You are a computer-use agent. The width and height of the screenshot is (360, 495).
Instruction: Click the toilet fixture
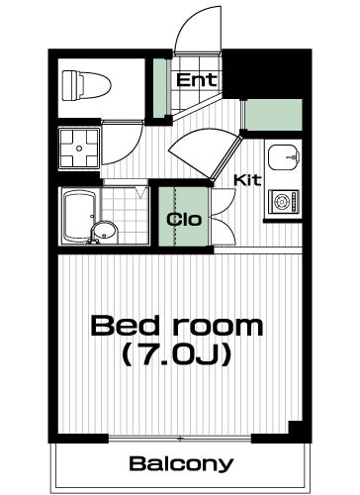pyautogui.click(x=86, y=85)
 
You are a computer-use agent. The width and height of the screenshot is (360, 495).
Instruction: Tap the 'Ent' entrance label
pyautogui.click(x=197, y=80)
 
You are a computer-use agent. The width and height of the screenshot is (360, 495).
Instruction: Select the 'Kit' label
pyautogui.click(x=247, y=180)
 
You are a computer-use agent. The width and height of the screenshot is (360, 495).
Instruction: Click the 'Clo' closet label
pyautogui.click(x=184, y=220)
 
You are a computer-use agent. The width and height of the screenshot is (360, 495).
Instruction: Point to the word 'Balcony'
pyautogui.click(x=181, y=464)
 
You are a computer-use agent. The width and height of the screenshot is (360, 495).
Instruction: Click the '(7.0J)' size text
pyautogui.click(x=176, y=354)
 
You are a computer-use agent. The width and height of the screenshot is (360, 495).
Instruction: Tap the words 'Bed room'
pyautogui.click(x=177, y=326)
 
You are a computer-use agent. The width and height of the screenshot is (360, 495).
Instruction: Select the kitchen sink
pyautogui.click(x=284, y=157)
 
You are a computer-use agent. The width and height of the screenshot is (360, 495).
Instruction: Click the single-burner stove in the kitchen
pyautogui.click(x=284, y=201)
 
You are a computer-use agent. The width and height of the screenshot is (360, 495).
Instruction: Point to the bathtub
pyautogui.click(x=79, y=217)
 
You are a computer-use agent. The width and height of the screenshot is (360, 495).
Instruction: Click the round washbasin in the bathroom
pyautogui.click(x=104, y=232)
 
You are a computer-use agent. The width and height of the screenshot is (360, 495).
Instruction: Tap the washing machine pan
pyautogui.click(x=79, y=148)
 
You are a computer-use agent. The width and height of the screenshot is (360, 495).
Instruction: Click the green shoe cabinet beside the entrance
pyautogui.click(x=160, y=88)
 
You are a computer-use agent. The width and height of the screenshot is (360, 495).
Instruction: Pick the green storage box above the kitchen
pyautogui.click(x=274, y=115)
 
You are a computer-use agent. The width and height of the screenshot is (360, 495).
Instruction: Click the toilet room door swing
pyautogui.click(x=123, y=143)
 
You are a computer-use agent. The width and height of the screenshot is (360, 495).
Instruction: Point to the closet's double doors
pyautogui.click(x=224, y=217)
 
